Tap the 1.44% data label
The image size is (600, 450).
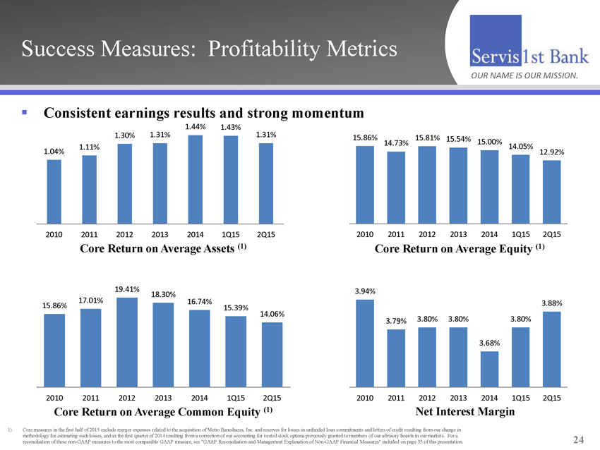(x=196, y=126)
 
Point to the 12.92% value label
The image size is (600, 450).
(x=551, y=152)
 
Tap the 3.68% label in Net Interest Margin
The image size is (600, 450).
(x=489, y=343)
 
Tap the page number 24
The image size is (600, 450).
(x=579, y=439)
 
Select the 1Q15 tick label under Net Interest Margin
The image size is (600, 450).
(x=520, y=398)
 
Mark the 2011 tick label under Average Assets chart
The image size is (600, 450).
(x=90, y=234)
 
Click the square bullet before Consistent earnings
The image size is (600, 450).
(x=25, y=111)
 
